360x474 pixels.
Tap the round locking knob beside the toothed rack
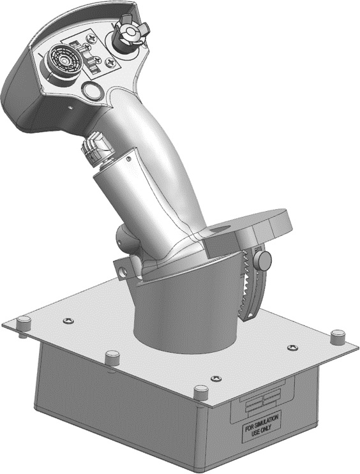click(263, 260)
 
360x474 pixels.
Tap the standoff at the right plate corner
click(338, 336)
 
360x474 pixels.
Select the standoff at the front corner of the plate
click(201, 392)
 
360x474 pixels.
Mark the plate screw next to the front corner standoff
click(216, 379)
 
